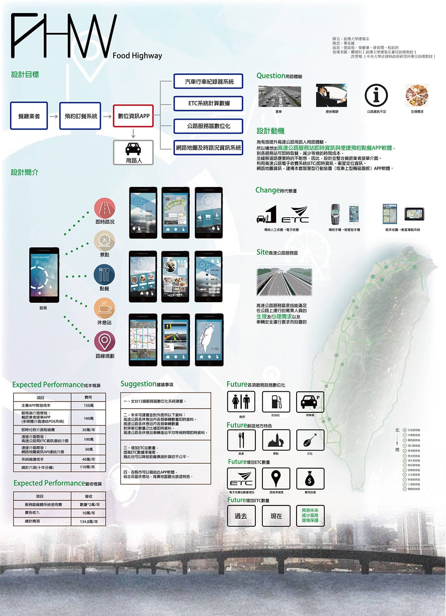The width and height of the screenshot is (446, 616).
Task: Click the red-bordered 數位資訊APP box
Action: (133, 116)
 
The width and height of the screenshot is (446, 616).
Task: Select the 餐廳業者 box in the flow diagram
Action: (29, 116)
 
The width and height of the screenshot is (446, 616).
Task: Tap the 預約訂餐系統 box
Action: (80, 116)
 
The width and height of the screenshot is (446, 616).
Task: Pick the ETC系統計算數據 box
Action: (209, 103)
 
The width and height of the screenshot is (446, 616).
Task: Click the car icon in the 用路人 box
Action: (133, 149)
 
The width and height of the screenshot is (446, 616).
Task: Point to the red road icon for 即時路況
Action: (104, 208)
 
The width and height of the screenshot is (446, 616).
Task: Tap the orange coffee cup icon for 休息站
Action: (104, 308)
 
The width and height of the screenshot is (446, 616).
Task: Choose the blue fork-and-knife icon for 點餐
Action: (104, 274)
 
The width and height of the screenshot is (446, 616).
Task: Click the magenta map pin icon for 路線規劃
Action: (104, 341)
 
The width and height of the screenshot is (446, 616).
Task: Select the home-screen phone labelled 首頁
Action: (44, 275)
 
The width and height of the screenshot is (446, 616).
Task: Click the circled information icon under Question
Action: (376, 95)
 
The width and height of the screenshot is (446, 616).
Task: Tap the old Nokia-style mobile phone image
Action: (336, 214)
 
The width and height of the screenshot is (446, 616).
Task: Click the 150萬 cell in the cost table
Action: (88, 405)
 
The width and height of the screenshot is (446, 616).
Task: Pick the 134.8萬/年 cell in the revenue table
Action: (88, 522)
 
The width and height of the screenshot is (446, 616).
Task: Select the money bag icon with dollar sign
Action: (310, 478)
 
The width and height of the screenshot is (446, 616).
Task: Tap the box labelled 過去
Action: (241, 516)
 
